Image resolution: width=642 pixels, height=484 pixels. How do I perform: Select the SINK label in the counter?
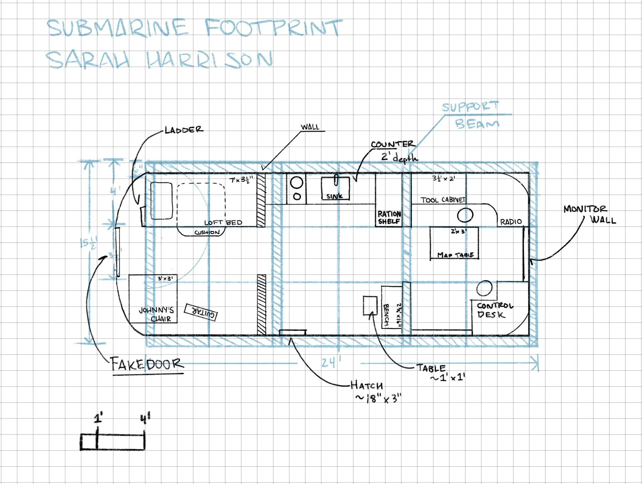point(334,196)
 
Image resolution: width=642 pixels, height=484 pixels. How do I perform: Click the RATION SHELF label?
point(389,218)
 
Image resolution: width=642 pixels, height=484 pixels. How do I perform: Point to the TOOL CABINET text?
point(442,200)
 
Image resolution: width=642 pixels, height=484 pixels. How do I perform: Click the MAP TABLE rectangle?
point(454,243)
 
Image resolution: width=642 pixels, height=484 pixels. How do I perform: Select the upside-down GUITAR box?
point(201,312)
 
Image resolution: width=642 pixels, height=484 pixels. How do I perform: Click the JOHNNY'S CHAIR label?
point(156,314)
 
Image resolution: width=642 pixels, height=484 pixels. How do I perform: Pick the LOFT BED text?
point(223,222)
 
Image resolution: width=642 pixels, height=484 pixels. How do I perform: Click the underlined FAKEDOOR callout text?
point(147,364)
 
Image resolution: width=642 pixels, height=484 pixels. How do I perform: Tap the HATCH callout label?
point(366,385)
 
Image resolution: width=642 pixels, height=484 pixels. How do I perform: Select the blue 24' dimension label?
point(330,363)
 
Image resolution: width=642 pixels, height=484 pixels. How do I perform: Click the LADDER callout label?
point(184,130)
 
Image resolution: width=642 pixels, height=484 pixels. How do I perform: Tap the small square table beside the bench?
point(370,305)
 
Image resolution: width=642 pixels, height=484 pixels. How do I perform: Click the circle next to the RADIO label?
point(465,215)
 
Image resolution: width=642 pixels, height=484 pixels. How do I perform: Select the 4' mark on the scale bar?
point(145,420)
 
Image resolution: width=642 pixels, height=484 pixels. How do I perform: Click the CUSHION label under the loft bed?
point(207,232)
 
